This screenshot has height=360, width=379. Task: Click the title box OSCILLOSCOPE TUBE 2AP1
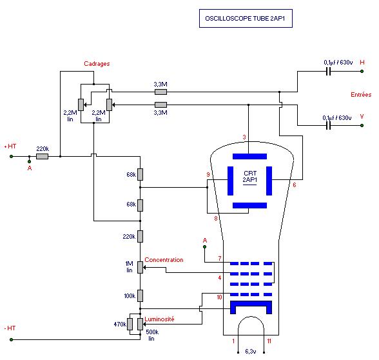pos(246,18)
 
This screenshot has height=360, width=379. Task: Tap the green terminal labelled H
pos(362,72)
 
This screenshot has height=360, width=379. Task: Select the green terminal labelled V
pos(362,126)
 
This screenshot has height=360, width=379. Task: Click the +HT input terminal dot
pos(11,157)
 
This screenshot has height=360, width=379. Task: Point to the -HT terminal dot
pos(11,339)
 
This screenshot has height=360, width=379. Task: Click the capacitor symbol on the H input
pos(328,72)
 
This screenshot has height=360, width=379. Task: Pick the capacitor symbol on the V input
pos(328,126)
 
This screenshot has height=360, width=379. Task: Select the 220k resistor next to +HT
pos(43,157)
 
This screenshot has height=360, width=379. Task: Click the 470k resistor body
pos(130,324)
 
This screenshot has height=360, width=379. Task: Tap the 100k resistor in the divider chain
pos(141,295)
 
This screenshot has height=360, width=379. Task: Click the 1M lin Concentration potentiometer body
pos(141,267)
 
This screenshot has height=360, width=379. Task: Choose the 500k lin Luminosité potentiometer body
pos(141,324)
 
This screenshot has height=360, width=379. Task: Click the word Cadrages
pos(97,64)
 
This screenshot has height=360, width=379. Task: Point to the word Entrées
pos(361,95)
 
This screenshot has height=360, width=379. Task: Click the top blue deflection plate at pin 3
pos(249,156)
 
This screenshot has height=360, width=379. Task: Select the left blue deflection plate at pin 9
pos(230,181)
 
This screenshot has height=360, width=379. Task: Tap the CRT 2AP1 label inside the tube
pos(250,177)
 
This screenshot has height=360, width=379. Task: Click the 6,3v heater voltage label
pos(251,351)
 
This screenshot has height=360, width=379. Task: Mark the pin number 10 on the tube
pos(219,297)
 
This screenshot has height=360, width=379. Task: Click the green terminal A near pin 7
pos(205,246)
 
